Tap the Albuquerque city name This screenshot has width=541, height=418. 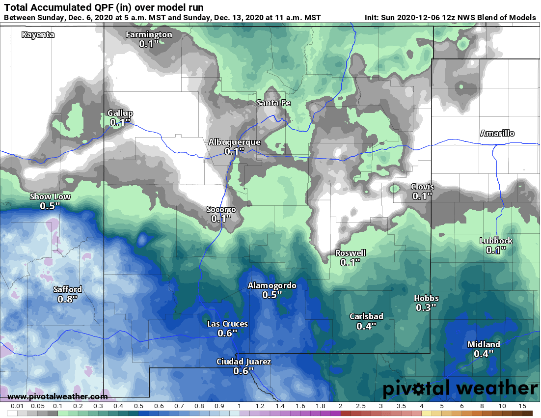pos(234,142)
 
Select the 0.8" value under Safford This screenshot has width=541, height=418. pos(67,299)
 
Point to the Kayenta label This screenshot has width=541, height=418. pos(38,35)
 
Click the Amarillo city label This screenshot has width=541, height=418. pos(497,134)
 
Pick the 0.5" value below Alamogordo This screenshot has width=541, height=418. pos(272,295)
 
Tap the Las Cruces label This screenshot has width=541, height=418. pos(227,324)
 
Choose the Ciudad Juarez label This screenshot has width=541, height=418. pos(243,362)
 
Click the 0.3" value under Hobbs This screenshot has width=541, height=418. pos(426,307)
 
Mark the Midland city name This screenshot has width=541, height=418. pos(484,344)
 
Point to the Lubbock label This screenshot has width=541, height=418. pos(496,241)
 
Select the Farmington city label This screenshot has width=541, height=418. pos(149,34)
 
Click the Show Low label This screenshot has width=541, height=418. pos(50,197)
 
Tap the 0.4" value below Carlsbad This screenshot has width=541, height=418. pos(366,326)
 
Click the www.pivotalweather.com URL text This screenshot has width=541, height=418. pos(57,396)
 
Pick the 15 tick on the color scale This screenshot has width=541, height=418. pos(522,407)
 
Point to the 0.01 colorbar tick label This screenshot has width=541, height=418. pos(18,407)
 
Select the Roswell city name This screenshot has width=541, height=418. pos(350,253)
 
